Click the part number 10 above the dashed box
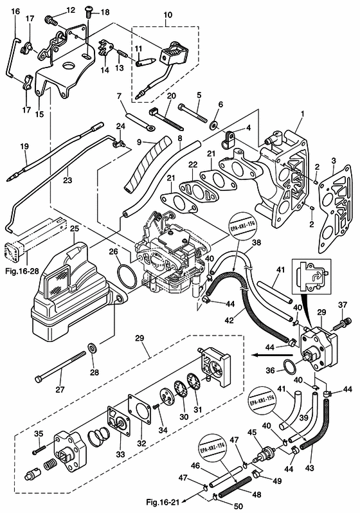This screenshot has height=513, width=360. coord(168,15)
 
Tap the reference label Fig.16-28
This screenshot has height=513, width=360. coord(22,271)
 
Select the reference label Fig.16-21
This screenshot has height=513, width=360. coord(163,501)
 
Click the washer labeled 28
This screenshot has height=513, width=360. coord(93,347)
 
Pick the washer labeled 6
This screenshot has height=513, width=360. coord(214,125)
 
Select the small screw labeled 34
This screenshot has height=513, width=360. coord(156,406)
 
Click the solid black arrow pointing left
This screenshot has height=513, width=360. coord(273,355)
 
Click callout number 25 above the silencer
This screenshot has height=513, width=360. coord(75,228)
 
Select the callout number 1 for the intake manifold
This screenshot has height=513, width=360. coord(302,114)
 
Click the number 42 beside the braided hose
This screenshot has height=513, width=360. coord(229,319)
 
